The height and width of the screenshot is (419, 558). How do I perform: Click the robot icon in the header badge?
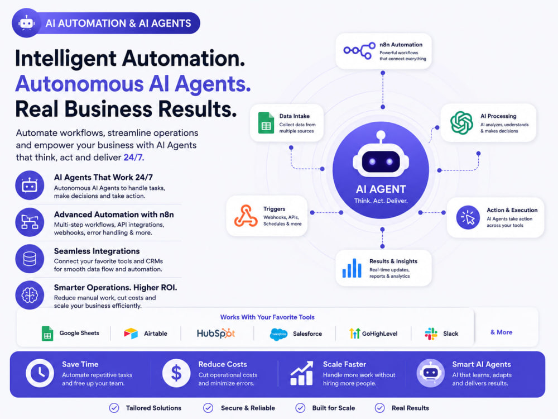tap(27, 23)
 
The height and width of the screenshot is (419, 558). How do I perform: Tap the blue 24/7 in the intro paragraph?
tap(134, 158)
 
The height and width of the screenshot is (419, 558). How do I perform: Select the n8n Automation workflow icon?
tap(359, 51)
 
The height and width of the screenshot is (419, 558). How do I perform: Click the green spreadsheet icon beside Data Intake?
tap(266, 123)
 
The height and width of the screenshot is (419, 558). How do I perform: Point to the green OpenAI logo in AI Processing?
tap(461, 123)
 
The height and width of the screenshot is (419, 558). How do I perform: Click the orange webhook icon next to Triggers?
tap(246, 216)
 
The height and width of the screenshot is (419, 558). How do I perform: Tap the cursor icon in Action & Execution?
tap(468, 217)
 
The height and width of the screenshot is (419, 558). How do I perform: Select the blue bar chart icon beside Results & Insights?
tap(352, 268)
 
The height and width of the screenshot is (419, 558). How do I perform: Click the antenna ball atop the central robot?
tap(381, 135)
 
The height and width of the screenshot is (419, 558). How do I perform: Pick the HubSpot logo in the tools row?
tap(216, 334)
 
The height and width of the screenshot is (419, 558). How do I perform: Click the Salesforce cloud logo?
tap(278, 334)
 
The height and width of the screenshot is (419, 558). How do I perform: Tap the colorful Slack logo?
tap(431, 334)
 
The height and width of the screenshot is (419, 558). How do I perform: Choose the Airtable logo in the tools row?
tap(131, 334)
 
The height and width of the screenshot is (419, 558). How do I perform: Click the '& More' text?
tap(502, 332)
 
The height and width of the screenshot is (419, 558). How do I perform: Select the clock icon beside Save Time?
tap(40, 373)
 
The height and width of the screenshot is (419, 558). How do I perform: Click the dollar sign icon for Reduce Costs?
tap(176, 373)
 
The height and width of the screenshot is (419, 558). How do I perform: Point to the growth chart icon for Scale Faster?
tap(302, 373)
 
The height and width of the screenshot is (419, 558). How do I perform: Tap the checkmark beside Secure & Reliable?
tap(208, 408)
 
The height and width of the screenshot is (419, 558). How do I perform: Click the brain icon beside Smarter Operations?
tap(30, 295)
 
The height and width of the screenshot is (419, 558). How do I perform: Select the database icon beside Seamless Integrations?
tap(30, 259)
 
